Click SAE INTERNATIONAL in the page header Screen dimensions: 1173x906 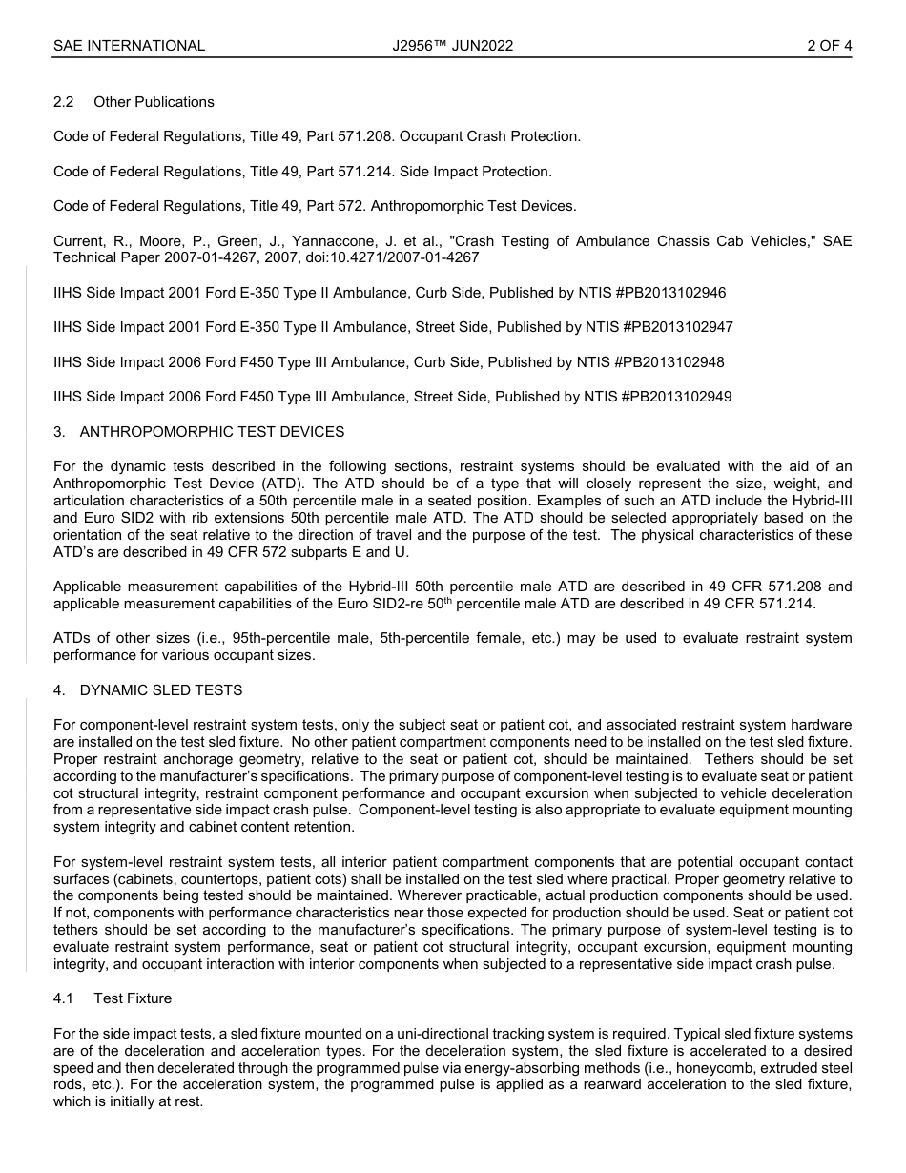129,45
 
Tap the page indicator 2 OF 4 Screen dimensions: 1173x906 829,45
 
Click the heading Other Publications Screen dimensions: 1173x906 154,102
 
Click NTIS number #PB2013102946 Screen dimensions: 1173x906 673,293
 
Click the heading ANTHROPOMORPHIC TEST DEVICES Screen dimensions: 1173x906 212,432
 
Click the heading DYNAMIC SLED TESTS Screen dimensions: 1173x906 161,690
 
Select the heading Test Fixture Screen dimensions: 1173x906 133,998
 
